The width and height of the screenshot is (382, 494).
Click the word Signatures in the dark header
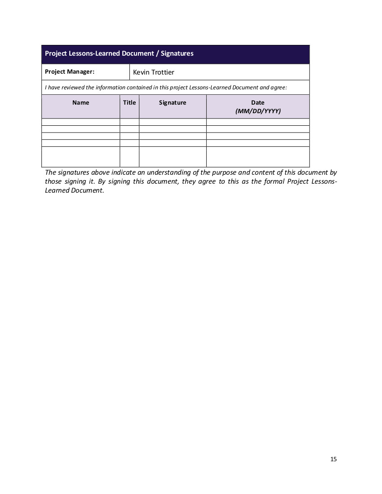[x=177, y=53]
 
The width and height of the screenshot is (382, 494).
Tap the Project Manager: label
[x=70, y=71]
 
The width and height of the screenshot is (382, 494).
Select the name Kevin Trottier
[x=154, y=72]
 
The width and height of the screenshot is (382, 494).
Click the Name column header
[x=81, y=102]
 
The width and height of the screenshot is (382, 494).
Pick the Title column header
[x=129, y=102]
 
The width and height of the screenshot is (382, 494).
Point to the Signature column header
[x=173, y=102]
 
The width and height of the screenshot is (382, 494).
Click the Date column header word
[x=258, y=102]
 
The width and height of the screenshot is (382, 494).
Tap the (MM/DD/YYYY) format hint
[x=258, y=111]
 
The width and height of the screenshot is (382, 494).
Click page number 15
[x=333, y=459]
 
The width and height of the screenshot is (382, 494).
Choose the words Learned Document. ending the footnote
[x=75, y=190]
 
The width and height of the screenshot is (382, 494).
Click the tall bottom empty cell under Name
[x=81, y=157]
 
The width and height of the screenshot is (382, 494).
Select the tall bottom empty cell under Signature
[x=173, y=157]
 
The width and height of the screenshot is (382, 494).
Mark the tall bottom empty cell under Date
[x=258, y=157]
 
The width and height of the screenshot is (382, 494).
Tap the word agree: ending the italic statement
[x=279, y=88]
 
